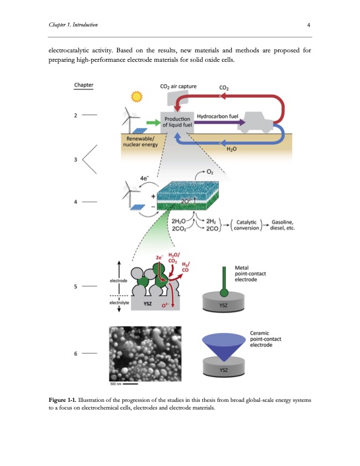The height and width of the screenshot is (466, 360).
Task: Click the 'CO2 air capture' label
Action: (179, 88)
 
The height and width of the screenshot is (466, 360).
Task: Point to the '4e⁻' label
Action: (145, 177)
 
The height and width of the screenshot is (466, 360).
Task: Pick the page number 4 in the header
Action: (308, 25)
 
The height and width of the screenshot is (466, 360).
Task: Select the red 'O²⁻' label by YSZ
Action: (167, 305)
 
